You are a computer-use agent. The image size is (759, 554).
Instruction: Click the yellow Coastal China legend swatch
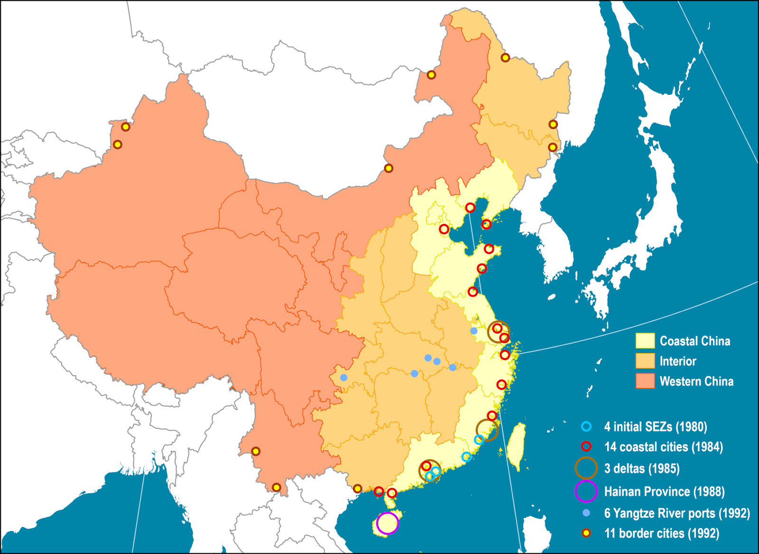pyautogui.click(x=645, y=341)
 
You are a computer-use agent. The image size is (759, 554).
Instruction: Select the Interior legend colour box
pyautogui.click(x=645, y=361)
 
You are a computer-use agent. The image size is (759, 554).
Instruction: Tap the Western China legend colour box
pyautogui.click(x=645, y=381)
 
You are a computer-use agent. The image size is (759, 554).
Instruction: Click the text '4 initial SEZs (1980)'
pyautogui.click(x=655, y=427)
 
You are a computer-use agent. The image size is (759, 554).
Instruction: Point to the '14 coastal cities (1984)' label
pyautogui.click(x=663, y=447)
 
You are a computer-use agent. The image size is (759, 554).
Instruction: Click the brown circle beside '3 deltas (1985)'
pyautogui.click(x=586, y=469)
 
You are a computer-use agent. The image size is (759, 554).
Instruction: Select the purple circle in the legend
pyautogui.click(x=586, y=491)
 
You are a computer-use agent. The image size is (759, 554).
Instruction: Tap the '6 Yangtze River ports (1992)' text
pyautogui.click(x=676, y=513)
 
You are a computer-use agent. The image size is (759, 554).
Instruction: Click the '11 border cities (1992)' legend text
pyautogui.click(x=661, y=533)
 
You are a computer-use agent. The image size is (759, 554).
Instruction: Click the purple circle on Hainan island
pyautogui.click(x=388, y=523)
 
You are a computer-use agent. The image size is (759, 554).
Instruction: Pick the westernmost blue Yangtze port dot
pyautogui.click(x=343, y=378)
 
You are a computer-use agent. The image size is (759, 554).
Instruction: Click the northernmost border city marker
pyautogui.click(x=505, y=58)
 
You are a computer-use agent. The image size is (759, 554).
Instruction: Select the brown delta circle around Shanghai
pyautogui.click(x=498, y=332)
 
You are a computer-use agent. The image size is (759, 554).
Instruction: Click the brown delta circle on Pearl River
pyautogui.click(x=429, y=471)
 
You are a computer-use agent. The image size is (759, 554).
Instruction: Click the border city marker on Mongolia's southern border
pyautogui.click(x=389, y=168)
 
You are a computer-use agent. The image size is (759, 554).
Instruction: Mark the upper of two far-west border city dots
pyautogui.click(x=125, y=127)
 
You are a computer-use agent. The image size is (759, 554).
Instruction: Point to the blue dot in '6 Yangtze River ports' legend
pyautogui.click(x=586, y=513)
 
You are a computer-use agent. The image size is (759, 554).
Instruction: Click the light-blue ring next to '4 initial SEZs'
pyautogui.click(x=586, y=426)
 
